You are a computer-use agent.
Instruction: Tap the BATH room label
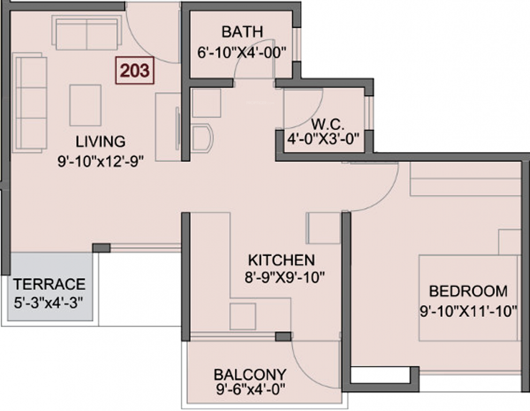[x=243, y=32]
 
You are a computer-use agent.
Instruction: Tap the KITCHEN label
[x=281, y=260]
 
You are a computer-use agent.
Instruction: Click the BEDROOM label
[x=468, y=291]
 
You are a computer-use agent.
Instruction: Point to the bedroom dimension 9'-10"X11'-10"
[x=468, y=310]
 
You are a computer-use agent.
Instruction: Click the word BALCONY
[x=249, y=373]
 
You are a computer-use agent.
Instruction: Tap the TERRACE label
[x=49, y=284]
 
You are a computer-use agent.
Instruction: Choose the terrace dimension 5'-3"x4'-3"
[x=49, y=301]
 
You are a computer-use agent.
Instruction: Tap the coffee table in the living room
[x=85, y=104]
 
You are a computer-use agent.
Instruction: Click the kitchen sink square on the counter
[x=243, y=316]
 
